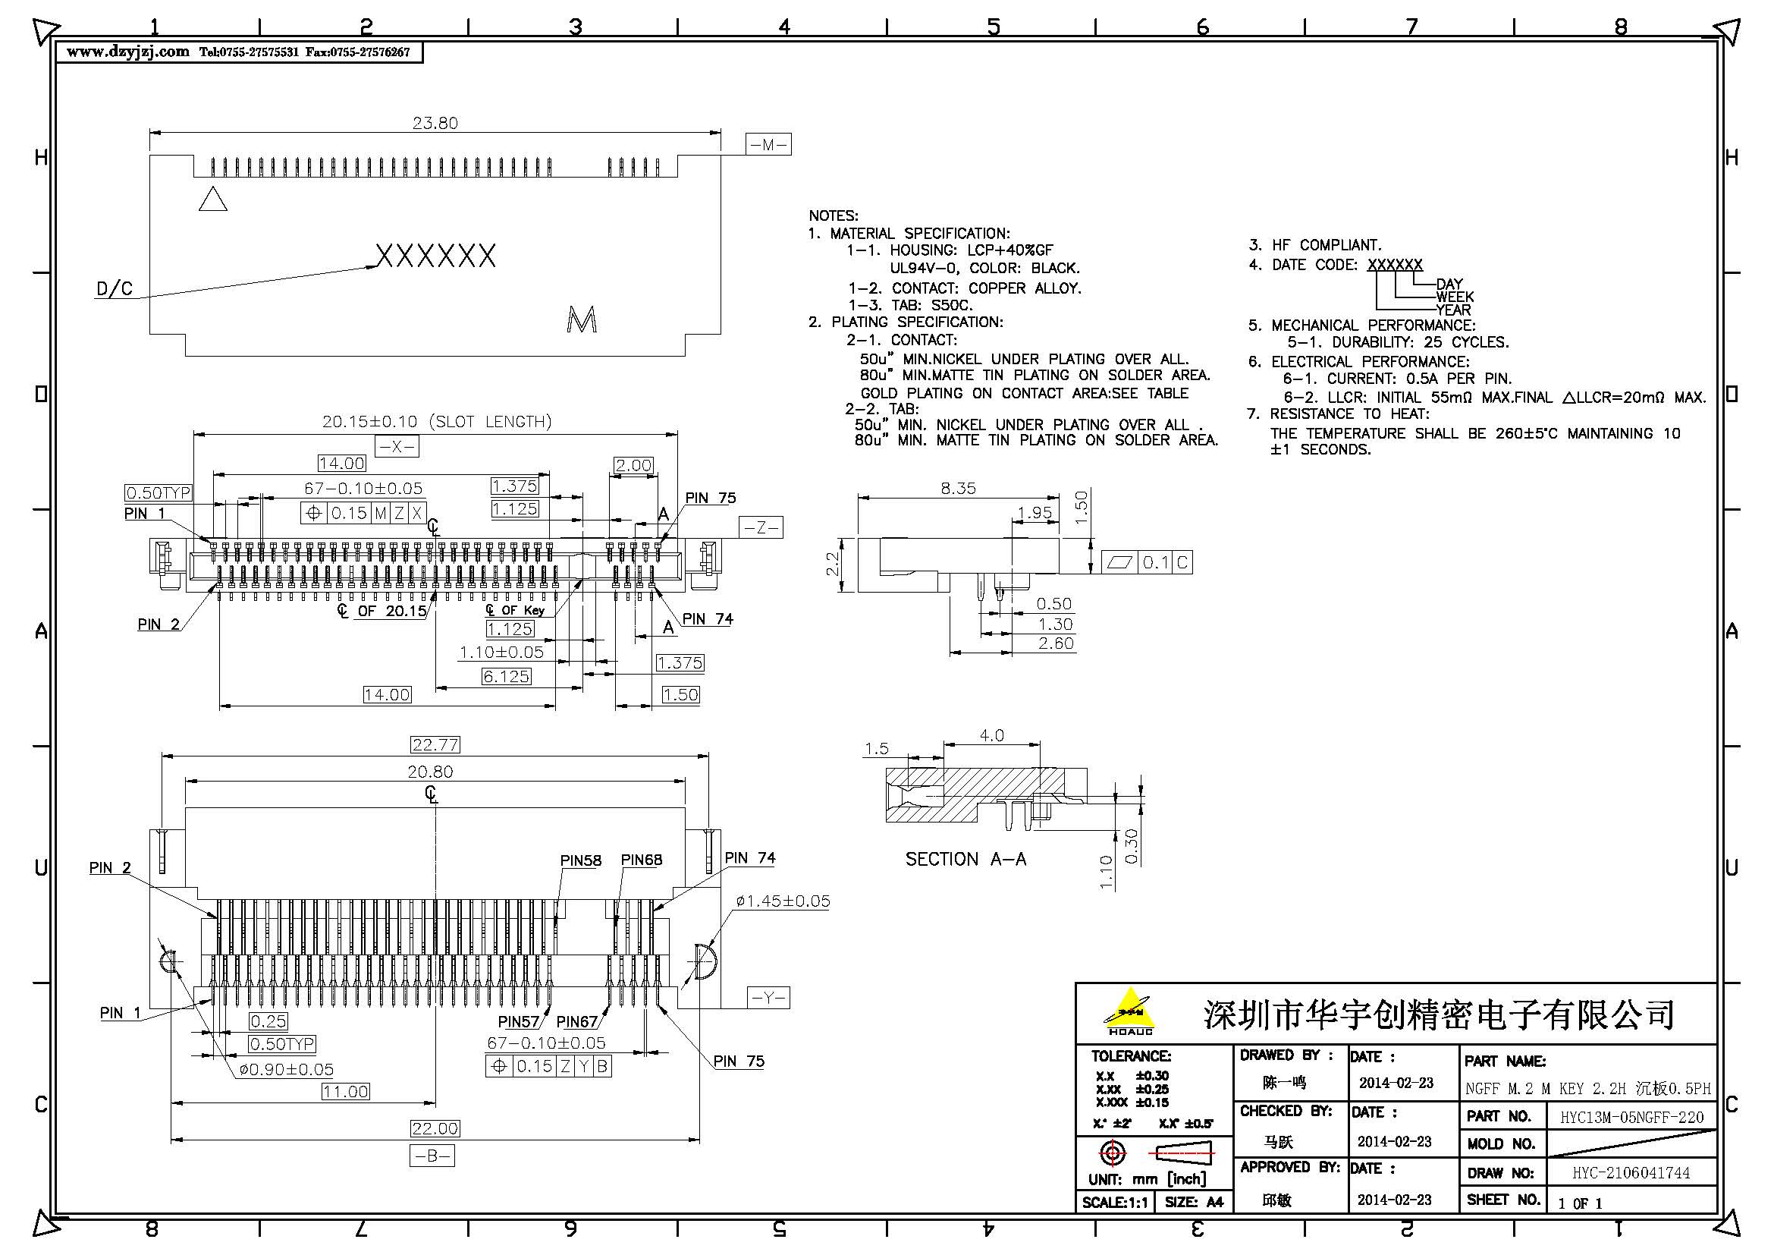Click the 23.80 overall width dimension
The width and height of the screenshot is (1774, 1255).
click(435, 123)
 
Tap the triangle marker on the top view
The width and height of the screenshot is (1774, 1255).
click(212, 200)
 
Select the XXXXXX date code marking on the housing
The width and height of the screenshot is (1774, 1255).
click(435, 256)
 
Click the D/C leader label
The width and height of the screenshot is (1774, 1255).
click(115, 290)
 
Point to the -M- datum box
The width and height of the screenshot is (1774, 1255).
click(768, 144)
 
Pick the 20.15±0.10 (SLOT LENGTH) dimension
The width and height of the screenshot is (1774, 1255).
click(437, 422)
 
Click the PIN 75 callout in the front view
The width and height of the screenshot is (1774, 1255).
click(710, 498)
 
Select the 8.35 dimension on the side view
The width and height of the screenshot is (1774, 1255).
click(957, 489)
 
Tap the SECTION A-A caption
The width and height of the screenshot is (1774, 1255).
click(965, 860)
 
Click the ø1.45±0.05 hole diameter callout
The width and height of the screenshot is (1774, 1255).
click(783, 901)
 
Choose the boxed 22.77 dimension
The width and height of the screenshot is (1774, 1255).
click(435, 745)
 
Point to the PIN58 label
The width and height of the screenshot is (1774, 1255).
click(580, 861)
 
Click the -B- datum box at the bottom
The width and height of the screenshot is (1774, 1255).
click(432, 1156)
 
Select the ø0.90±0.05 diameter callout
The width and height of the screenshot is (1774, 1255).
click(286, 1070)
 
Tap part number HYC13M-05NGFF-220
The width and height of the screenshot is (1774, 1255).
click(1631, 1118)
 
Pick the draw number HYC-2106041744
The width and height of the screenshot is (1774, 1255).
click(1631, 1173)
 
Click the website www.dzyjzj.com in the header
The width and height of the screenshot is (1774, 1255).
click(127, 52)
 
